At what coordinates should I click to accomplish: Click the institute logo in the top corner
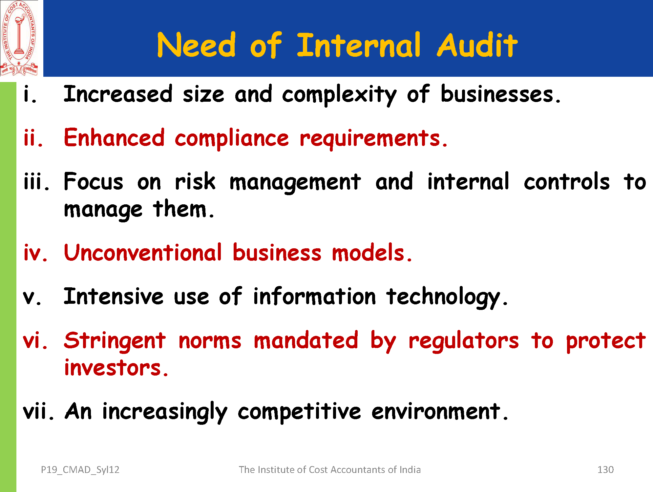[19, 38]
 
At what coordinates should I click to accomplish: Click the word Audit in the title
[477, 45]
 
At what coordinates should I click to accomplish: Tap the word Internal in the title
[358, 45]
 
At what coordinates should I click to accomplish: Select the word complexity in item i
[339, 95]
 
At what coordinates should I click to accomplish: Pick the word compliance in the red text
[232, 139]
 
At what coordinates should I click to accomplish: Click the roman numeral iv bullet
[35, 253]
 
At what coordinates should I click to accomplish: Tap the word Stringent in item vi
[115, 341]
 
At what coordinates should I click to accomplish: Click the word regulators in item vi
[464, 341]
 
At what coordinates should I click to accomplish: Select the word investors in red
[116, 368]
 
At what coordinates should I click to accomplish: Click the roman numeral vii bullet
[38, 411]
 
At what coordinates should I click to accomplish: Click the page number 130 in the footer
[605, 470]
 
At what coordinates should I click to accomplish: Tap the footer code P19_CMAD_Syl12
[80, 470]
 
